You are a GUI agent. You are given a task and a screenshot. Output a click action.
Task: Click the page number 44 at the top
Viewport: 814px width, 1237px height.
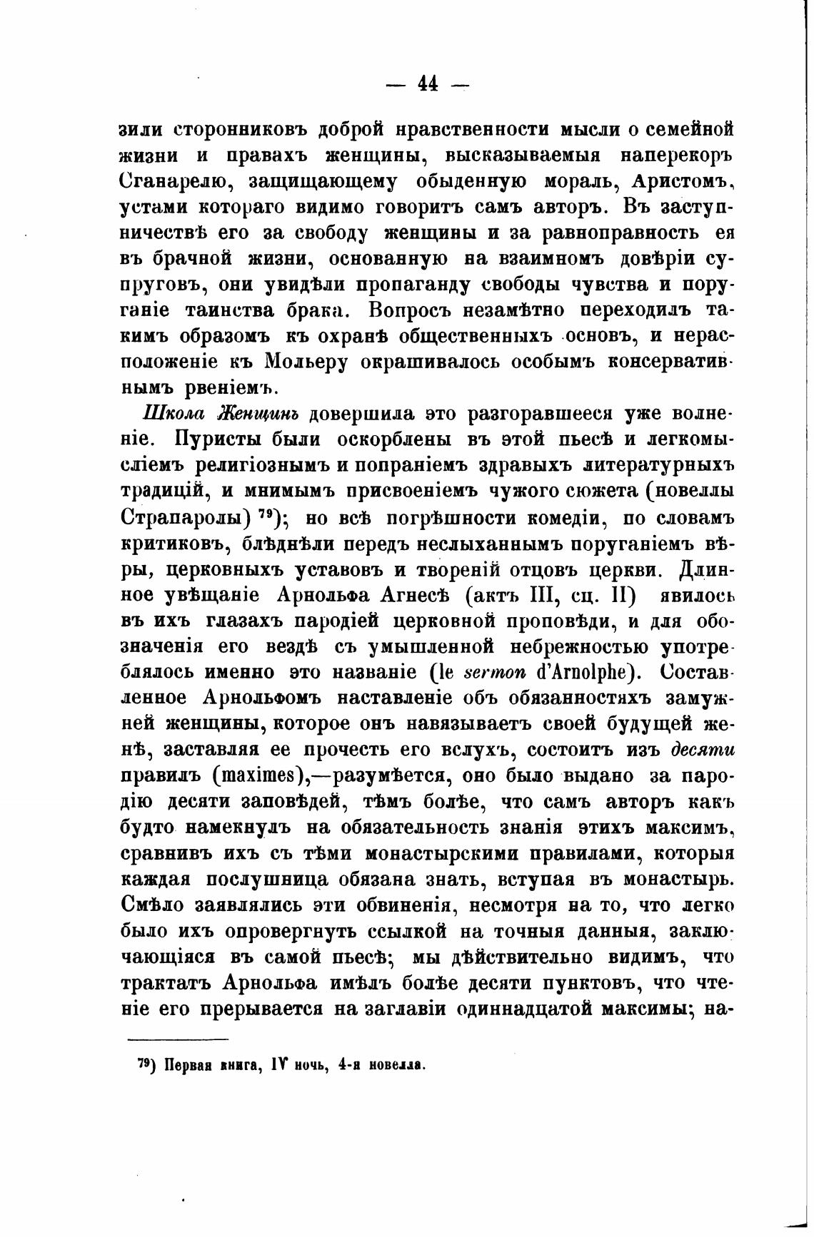(427, 85)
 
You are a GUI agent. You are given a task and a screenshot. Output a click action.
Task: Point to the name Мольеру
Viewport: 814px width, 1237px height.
(306, 362)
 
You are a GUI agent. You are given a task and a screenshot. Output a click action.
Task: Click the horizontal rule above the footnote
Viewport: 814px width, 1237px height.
(179, 1040)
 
